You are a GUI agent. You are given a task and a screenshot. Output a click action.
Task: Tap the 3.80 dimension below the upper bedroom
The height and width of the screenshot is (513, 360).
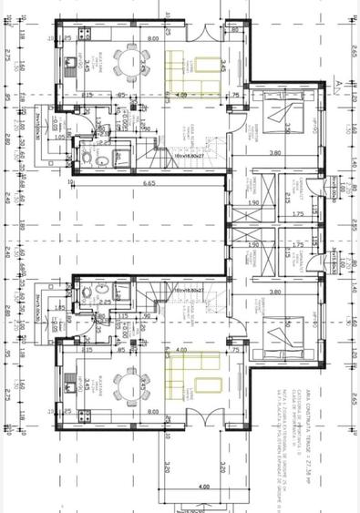tap(275, 154)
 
